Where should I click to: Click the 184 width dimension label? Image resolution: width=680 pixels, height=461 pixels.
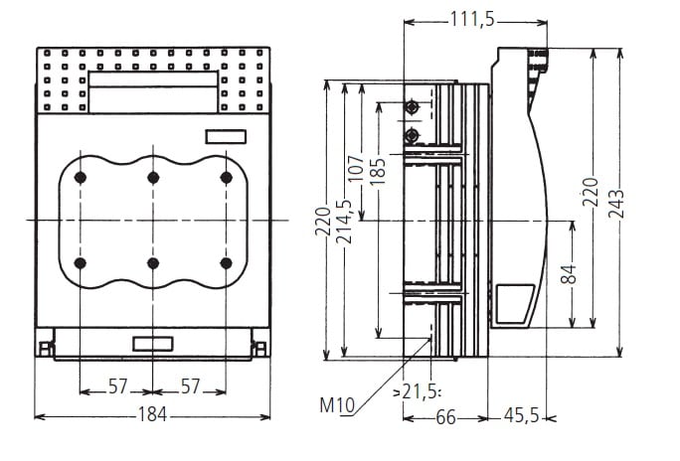coord(152,414)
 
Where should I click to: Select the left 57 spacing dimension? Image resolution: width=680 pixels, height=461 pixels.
coord(118,386)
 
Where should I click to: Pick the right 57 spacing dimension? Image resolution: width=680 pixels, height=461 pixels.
coord(191,386)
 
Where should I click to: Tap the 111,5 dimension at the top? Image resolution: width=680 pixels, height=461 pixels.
coord(472,20)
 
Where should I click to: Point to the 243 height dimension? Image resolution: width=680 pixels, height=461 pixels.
coord(616,204)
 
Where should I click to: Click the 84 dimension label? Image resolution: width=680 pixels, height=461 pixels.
coord(569,274)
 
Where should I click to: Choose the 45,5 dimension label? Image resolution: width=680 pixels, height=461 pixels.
coord(521,416)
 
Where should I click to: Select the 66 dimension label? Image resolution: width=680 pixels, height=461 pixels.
coord(445,417)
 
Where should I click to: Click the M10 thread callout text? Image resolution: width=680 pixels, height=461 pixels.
coord(337,405)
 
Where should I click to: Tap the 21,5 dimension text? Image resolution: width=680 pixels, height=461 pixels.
coord(420,392)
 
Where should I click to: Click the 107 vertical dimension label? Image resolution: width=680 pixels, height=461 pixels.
coord(356,168)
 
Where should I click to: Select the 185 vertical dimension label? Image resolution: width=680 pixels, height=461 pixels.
coord(378,172)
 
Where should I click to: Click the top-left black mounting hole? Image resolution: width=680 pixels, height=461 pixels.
coord(81,177)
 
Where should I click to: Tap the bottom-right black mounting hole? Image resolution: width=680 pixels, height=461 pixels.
coord(226,263)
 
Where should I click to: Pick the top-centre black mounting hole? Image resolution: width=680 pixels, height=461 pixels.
coord(153,177)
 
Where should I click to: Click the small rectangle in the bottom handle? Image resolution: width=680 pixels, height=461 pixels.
coord(153,344)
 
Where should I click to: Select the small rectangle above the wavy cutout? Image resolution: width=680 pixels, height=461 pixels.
coord(226,137)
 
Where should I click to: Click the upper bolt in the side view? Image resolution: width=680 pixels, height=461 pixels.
coord(412,106)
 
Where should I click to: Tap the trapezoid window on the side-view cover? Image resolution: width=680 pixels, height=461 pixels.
coord(513,304)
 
